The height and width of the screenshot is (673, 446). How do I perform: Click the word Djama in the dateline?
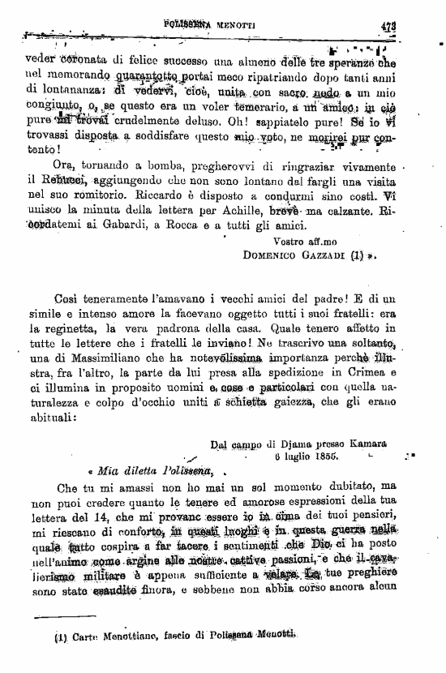tap(286, 444)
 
